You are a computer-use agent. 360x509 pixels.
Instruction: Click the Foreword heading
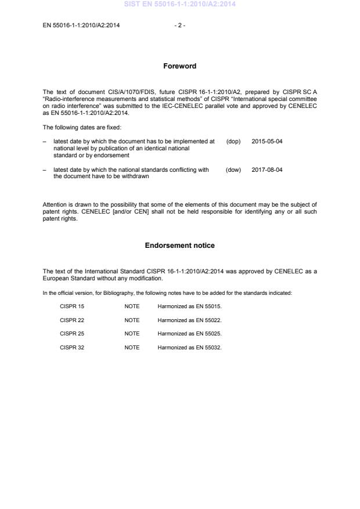(x=179, y=66)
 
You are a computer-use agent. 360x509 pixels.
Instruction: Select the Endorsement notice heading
(x=179, y=246)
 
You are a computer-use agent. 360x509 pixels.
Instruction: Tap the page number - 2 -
(x=179, y=26)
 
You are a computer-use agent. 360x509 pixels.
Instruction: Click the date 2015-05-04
(x=267, y=141)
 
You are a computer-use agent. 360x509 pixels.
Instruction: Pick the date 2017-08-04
(x=267, y=169)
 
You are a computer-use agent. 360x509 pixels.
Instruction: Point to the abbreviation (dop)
(x=233, y=141)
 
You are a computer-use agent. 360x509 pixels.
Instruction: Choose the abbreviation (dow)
(x=233, y=169)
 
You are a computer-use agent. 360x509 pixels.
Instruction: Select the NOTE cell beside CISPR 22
(x=132, y=319)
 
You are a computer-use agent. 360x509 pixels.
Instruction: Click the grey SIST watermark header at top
(x=179, y=5)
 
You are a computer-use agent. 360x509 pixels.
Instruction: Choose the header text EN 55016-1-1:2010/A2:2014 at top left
(x=81, y=26)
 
